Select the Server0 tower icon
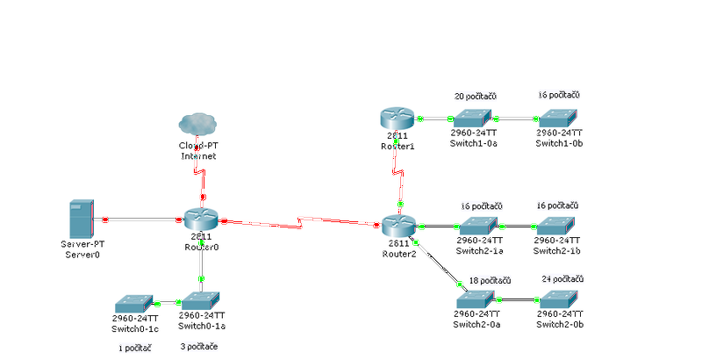81,219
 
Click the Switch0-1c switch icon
135,302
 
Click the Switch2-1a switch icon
480,226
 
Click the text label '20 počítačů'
475,96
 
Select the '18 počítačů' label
490,280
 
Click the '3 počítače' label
199,347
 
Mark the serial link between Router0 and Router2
303,221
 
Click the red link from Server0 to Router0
145,218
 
